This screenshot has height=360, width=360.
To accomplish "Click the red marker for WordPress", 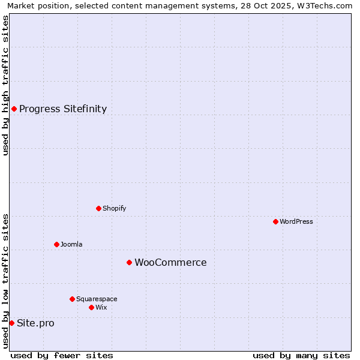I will pos(275,221).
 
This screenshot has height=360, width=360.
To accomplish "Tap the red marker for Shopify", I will pos(98,208).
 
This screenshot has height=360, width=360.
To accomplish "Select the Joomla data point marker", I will pos(56,244).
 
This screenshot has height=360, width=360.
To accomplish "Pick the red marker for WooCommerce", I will pos(129,262).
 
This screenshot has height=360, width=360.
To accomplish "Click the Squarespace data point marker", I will pos(72,299).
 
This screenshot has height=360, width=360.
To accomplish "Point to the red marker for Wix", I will pos(91,307).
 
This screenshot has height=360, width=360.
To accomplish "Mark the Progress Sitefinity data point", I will pos(14,109).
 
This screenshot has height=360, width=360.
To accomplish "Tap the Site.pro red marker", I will pos(11,323).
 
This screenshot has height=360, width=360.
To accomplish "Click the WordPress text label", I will pos(296,221).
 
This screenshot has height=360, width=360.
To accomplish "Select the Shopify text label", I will pos(114,208).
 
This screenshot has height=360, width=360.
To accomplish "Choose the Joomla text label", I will pos(71,244).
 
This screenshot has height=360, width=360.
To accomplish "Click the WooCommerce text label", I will pos(170,262).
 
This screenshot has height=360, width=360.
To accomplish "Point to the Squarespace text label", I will pos(97,299).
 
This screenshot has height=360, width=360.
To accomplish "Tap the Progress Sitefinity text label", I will pos(63,109).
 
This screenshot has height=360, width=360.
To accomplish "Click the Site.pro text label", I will pos(35,323).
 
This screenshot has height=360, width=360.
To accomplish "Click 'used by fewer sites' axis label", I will pos(62,355).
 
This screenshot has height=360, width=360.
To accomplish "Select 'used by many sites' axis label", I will pos(301,355).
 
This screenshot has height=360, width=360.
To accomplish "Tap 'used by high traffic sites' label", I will pos(5,85).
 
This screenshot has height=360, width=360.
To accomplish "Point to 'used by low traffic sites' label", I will pos(5,281).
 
